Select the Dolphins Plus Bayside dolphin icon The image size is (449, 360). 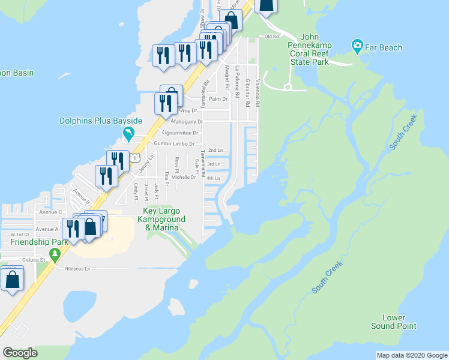127,132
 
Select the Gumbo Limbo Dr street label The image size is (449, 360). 174,144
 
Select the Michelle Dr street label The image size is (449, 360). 184,177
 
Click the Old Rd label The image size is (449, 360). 272,37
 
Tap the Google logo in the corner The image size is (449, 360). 20,352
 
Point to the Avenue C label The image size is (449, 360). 51,212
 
